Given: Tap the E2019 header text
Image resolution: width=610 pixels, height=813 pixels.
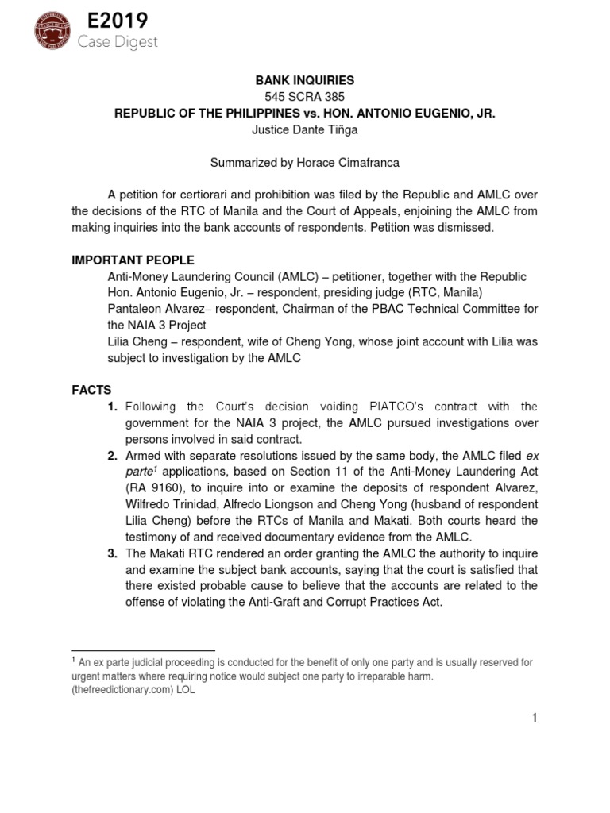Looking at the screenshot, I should [x=111, y=21].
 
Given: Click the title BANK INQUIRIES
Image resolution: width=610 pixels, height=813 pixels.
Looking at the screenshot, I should [x=304, y=80].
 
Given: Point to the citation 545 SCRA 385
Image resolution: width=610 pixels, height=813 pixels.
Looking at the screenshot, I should [x=304, y=97].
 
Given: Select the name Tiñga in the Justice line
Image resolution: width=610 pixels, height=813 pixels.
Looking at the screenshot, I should [x=340, y=130].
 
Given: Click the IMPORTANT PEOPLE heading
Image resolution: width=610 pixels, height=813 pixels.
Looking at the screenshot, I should [x=133, y=260].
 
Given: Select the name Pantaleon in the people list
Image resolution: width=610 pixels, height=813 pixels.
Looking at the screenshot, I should [x=135, y=309].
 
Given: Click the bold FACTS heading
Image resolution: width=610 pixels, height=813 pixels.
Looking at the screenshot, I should [x=91, y=390].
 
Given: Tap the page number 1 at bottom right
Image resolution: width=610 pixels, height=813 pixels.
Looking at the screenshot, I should [x=535, y=719].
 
